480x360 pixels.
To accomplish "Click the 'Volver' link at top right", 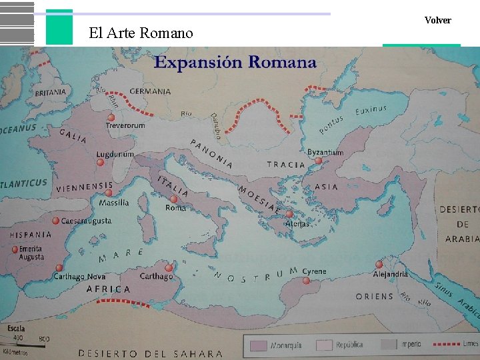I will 437,21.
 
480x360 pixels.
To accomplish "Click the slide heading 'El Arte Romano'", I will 141,33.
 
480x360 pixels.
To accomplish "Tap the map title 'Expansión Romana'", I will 235,63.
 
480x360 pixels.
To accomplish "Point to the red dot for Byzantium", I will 318,161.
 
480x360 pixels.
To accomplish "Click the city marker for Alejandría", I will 379,265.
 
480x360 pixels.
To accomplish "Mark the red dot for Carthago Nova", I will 59,268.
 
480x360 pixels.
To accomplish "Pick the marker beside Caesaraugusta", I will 56,221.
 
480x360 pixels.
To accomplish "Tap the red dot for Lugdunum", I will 101,162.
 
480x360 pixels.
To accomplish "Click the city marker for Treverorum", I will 111,117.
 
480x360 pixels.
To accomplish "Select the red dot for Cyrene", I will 307,281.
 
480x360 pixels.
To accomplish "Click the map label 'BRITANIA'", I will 51,92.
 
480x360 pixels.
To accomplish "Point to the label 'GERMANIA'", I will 150,91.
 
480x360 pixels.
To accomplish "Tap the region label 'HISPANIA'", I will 31,235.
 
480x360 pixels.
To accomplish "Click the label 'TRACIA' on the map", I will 286,165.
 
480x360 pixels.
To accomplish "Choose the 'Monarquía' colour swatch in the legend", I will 259,345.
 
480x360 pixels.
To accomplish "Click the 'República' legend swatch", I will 324,345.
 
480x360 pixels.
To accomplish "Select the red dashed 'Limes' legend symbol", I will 447,345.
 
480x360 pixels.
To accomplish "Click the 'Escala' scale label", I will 17,328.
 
